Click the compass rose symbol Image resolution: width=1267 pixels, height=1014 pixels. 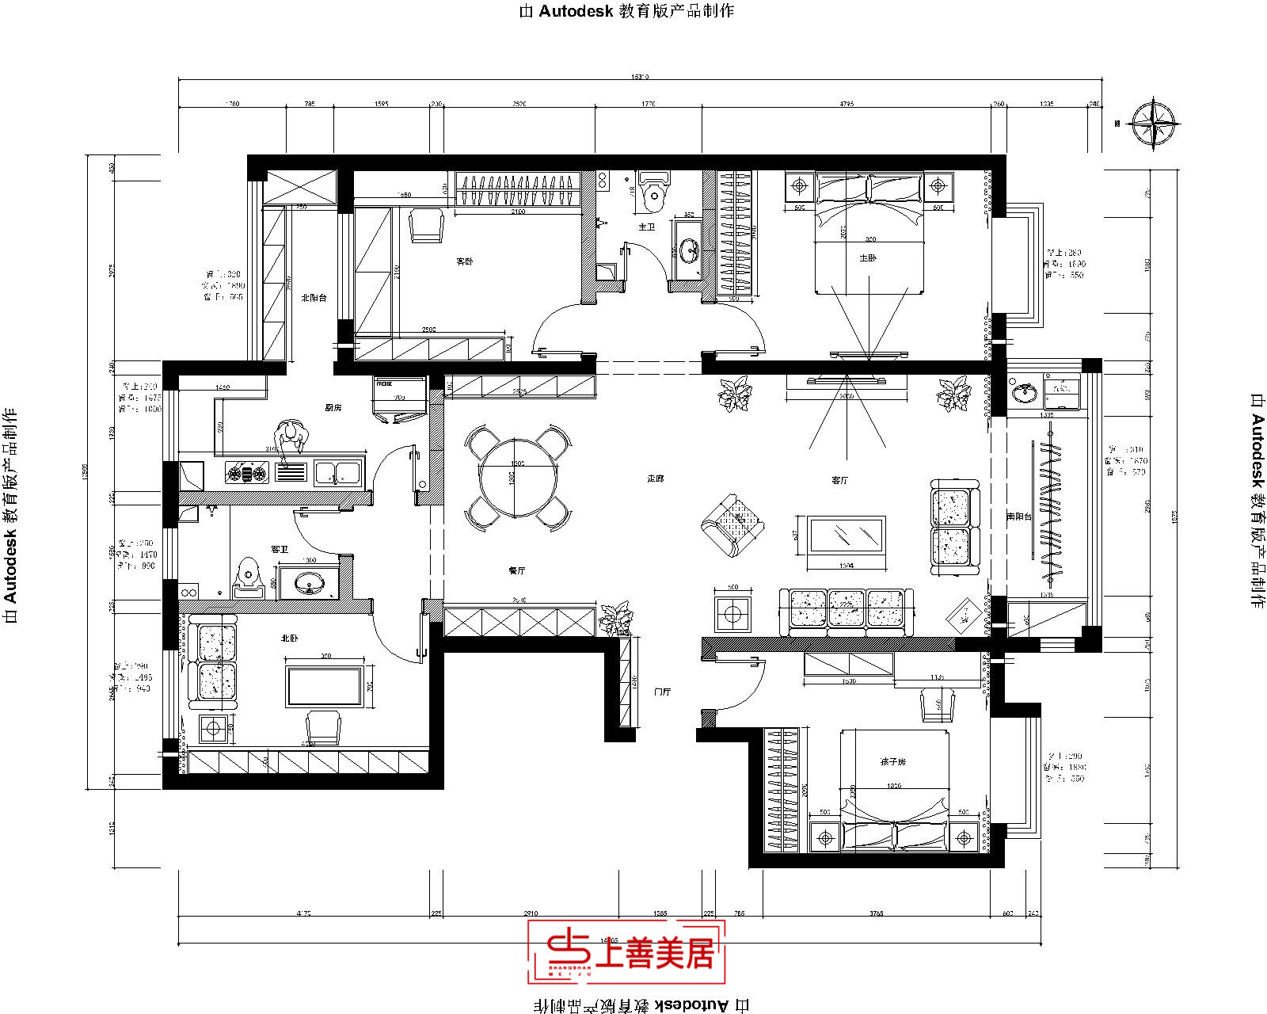[x=1154, y=123]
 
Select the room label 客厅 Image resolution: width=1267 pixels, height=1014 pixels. [x=839, y=480]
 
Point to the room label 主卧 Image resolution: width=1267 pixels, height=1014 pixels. [x=868, y=258]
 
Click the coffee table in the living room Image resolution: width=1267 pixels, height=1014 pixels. [x=846, y=535]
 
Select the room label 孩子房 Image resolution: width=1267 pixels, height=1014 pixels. [x=892, y=761]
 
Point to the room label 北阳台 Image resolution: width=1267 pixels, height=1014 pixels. [x=314, y=298]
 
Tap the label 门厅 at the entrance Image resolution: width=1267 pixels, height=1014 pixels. [x=662, y=692]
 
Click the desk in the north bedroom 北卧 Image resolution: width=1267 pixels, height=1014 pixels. [x=325, y=686]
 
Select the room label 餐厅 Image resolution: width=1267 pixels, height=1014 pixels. [x=516, y=570]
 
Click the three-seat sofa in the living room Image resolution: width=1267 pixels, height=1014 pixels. [x=846, y=612]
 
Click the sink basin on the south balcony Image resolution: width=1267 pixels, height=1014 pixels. [x=1025, y=391]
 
